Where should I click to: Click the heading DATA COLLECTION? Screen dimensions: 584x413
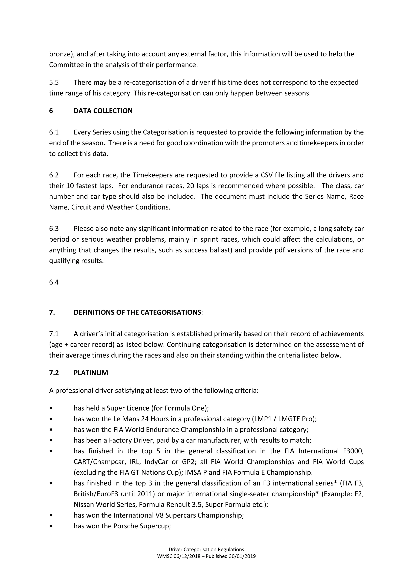click(103, 111)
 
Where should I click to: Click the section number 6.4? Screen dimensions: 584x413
click(54, 282)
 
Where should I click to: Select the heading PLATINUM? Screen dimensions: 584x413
click(91, 373)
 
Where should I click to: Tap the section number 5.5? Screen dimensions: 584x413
click(54, 82)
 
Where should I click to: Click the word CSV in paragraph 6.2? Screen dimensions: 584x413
click(267, 175)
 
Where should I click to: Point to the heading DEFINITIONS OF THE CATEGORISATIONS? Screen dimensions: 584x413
click(137, 312)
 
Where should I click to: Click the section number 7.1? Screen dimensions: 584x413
click(54, 334)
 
